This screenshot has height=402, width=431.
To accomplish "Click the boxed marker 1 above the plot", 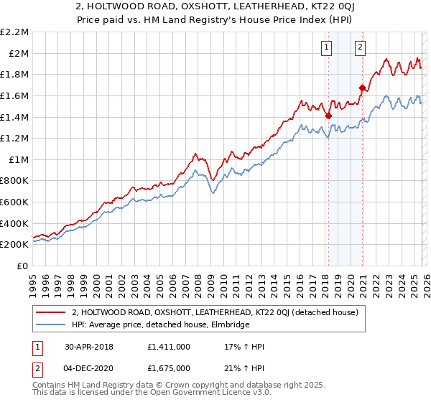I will point(328,48).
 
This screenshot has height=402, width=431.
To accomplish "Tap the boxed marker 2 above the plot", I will point(360,48).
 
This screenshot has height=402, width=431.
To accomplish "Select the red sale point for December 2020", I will point(362,88).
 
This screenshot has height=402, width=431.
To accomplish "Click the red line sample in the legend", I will point(52,312).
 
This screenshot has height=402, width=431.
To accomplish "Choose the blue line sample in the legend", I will point(52,324).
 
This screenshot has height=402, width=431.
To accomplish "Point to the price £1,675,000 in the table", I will point(170,368).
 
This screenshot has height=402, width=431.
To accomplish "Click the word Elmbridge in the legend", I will point(230,324).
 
